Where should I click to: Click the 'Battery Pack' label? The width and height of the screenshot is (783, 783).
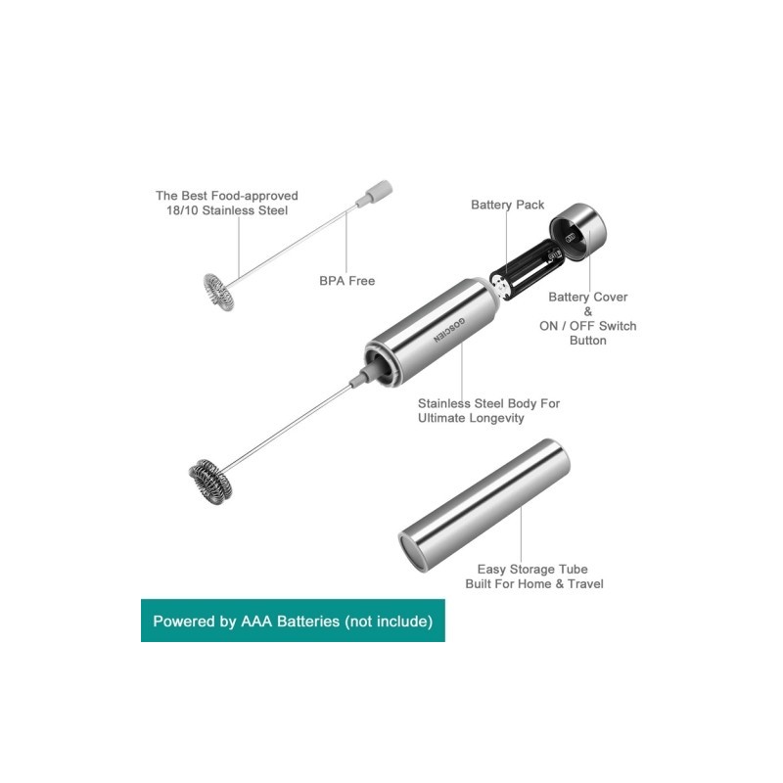click(x=507, y=205)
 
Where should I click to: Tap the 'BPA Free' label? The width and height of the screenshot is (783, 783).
click(x=347, y=281)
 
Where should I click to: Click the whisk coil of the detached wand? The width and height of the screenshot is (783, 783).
click(x=218, y=292)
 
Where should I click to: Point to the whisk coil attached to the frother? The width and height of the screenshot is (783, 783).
click(x=210, y=481)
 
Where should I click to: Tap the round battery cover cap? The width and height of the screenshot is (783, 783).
click(x=578, y=232)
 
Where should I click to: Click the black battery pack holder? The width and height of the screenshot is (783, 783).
click(x=525, y=270)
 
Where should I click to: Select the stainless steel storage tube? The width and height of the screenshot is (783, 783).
click(x=484, y=505)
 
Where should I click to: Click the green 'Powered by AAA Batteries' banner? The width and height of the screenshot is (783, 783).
click(x=293, y=621)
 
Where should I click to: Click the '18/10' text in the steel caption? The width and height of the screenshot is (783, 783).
click(x=182, y=210)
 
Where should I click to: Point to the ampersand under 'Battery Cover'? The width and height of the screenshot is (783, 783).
click(x=588, y=311)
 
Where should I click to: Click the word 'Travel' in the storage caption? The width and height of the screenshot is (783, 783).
click(x=585, y=583)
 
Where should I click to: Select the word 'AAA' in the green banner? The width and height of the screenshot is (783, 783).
click(x=256, y=622)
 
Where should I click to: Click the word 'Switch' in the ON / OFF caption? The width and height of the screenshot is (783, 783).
click(x=618, y=326)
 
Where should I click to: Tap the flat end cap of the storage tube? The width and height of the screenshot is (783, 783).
click(x=410, y=551)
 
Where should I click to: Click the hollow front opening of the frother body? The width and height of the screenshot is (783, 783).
click(x=382, y=362)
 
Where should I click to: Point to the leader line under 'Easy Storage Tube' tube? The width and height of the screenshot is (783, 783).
click(x=521, y=535)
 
